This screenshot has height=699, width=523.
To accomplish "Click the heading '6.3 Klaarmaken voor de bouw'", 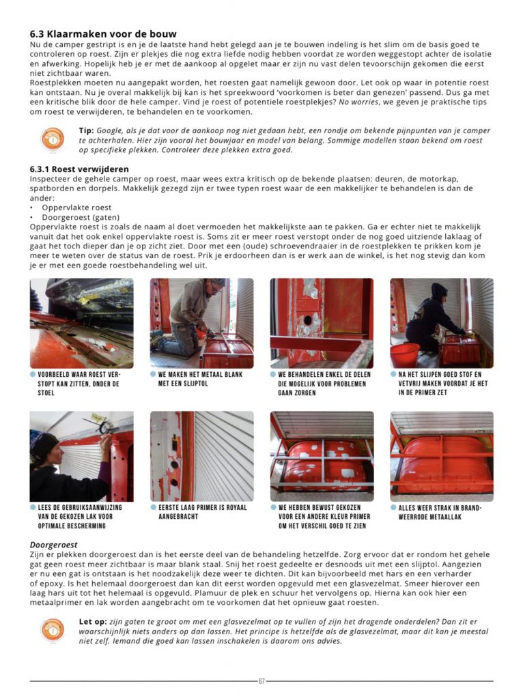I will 103,33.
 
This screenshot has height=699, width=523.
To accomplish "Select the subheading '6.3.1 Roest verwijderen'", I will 79,169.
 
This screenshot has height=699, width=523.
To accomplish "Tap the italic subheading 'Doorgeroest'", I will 53,545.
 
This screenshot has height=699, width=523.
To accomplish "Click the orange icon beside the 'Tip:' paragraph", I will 53,139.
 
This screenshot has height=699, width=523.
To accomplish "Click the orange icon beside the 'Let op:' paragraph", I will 53,629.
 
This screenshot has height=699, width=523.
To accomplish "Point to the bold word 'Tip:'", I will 87,130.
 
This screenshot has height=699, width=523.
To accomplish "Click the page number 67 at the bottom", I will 261,681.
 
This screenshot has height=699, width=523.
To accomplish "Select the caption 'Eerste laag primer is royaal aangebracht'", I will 198,512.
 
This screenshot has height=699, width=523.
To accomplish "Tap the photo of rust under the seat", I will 81,323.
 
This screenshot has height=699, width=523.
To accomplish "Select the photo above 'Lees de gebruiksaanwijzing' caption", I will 81,456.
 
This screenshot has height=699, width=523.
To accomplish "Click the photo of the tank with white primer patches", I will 322,456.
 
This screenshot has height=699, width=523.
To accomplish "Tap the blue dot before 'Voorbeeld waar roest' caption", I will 33,375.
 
